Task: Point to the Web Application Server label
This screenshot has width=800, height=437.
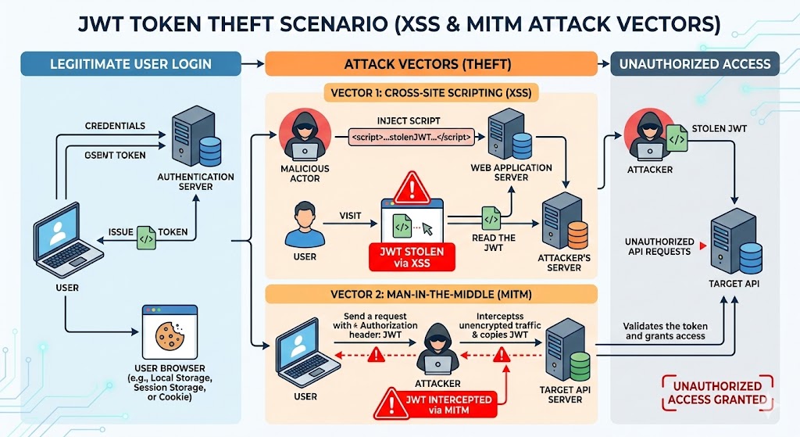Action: pos(511,173)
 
